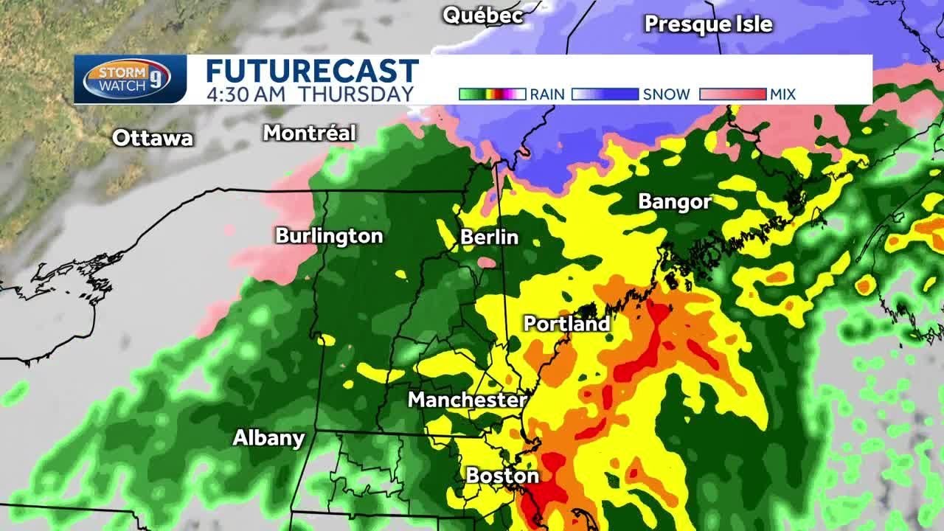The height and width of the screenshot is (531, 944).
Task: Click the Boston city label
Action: click(502, 476)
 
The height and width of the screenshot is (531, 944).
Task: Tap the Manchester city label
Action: click(467, 400)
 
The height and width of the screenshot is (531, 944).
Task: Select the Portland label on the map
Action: click(566, 323)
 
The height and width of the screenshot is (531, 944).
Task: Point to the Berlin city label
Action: click(489, 237)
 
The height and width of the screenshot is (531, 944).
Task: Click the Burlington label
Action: click(329, 236)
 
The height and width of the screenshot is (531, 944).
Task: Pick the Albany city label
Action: click(268, 437)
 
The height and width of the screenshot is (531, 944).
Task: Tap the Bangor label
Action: click(675, 201)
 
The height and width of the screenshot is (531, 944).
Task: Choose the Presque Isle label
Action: click(708, 24)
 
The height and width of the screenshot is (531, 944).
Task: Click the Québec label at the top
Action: click(482, 15)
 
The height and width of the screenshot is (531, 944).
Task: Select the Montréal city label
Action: click(310, 133)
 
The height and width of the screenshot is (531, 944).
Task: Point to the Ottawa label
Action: click(153, 138)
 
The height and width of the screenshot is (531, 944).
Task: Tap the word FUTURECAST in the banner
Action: click(312, 72)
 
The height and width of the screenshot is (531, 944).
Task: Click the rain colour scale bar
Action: click(492, 94)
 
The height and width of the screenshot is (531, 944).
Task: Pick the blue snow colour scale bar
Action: click(605, 94)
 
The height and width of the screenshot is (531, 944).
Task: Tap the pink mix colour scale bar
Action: click(732, 94)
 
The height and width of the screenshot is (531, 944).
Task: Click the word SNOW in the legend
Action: click(666, 94)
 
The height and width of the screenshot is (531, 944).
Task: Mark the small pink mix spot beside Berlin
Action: click(487, 262)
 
